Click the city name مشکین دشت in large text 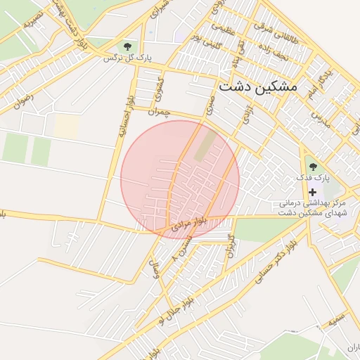pyautogui.click(x=258, y=87)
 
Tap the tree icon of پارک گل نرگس pyautogui.click(x=127, y=46)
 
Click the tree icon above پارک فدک pyautogui.click(x=313, y=167)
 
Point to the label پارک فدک pyautogui.click(x=312, y=178)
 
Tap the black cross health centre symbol pyautogui.click(x=313, y=191)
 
